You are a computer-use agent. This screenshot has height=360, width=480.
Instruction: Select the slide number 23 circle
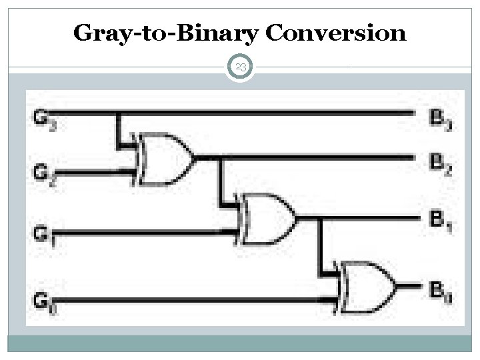click(241, 67)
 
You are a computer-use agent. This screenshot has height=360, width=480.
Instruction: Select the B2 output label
click(439, 162)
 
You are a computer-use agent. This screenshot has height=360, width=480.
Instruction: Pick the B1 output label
click(439, 221)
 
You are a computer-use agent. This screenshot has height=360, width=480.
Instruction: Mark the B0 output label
click(439, 290)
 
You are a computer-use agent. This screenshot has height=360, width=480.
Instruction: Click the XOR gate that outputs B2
click(164, 158)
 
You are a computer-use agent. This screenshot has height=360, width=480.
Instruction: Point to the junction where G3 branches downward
click(119, 113)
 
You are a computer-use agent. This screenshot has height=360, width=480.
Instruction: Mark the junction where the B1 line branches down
click(320, 217)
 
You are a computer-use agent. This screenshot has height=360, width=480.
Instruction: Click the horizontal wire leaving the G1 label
click(147, 232)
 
